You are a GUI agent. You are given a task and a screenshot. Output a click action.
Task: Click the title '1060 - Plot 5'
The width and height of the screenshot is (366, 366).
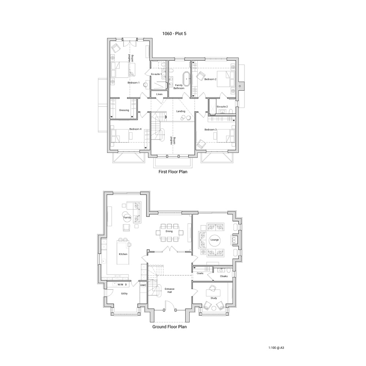click(x=174, y=34)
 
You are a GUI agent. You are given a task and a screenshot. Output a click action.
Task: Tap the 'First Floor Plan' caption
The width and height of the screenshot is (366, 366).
click(x=173, y=172)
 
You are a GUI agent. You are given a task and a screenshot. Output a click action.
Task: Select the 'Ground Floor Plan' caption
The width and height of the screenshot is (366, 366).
click(x=169, y=327)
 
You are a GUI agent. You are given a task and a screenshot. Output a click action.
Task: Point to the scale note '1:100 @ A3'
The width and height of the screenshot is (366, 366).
click(x=276, y=348)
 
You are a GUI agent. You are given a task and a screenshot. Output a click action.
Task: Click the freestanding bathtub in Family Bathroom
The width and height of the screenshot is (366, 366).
click(x=187, y=79)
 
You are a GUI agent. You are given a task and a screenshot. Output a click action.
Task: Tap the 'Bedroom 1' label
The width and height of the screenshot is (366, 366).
click(x=134, y=83)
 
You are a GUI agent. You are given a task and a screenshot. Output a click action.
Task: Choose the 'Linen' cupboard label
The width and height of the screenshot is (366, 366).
click(x=160, y=94)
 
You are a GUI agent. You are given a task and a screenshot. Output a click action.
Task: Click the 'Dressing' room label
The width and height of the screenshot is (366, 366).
click(x=124, y=110)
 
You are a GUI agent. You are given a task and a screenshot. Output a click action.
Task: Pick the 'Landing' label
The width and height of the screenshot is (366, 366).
click(x=181, y=111)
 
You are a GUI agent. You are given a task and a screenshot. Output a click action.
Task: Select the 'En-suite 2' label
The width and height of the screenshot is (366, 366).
click(x=222, y=107)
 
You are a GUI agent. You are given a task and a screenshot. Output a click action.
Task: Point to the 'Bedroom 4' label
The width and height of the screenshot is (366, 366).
click(x=135, y=129)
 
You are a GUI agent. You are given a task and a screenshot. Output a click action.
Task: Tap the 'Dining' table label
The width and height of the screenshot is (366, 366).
click(x=169, y=231)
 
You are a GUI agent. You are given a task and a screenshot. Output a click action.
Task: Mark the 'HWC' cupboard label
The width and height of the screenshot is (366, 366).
click(x=143, y=285)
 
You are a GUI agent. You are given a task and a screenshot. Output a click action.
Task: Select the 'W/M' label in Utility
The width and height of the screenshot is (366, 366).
click(x=120, y=284)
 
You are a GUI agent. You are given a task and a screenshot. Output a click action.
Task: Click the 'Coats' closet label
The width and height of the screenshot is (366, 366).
click(x=200, y=273)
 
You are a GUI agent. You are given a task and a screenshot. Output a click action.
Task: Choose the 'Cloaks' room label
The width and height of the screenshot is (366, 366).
click(x=224, y=276)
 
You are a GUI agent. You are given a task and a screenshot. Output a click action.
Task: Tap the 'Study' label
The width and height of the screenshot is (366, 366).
click(x=214, y=298)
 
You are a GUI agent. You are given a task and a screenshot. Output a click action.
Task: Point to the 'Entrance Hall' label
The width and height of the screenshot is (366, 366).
click(x=169, y=290)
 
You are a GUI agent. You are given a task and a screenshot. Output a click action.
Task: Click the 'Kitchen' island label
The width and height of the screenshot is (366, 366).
click(x=123, y=254)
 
